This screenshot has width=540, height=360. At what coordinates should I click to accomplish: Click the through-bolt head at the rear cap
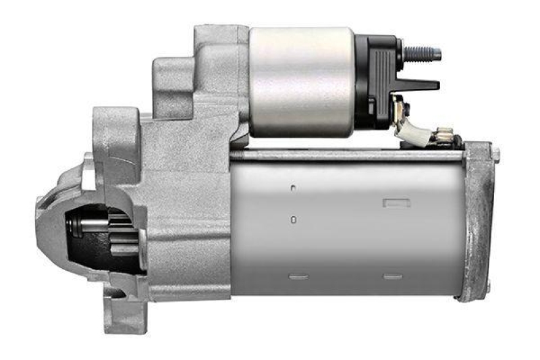click(495, 154)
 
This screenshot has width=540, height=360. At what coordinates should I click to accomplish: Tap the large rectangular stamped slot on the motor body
click(392, 203)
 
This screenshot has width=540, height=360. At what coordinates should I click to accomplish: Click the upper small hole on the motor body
click(294, 188)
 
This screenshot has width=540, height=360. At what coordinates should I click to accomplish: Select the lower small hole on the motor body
click(294, 220)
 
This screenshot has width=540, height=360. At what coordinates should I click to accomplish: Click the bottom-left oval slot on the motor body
click(298, 276)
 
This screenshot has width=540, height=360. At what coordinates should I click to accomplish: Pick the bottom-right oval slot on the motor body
click(392, 276)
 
